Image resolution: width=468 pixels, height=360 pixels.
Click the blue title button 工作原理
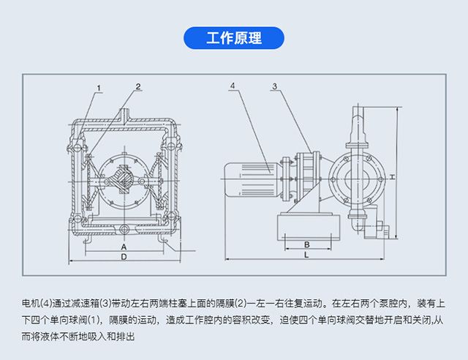[x=233, y=37]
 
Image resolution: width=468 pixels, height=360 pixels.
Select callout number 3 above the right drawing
[x=274, y=87]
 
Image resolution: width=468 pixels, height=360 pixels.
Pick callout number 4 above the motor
[x=232, y=86]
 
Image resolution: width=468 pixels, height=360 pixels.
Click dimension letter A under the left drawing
[x=124, y=247]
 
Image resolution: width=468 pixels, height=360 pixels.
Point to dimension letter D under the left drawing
[x=124, y=258]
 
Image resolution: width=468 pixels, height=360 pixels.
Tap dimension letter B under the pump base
[x=307, y=244]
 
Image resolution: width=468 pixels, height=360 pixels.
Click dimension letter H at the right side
[x=392, y=178]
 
